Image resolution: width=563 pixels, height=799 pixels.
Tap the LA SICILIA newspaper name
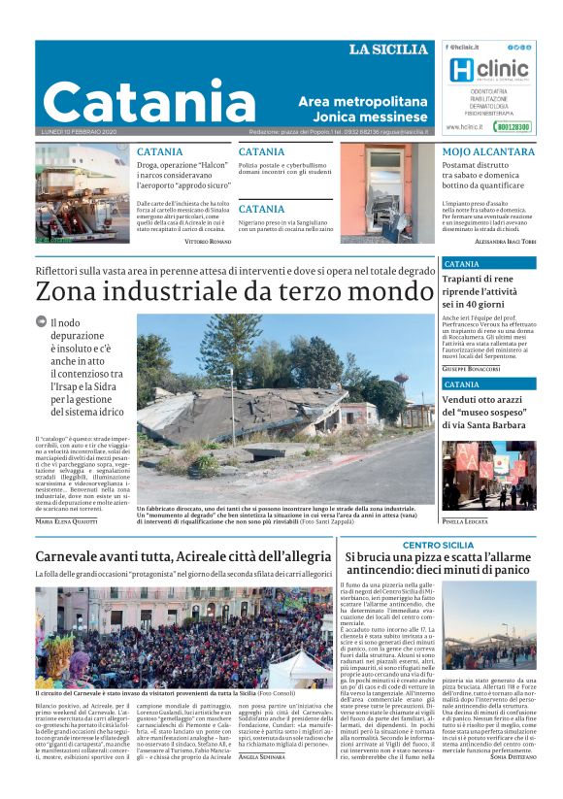tap(387, 50)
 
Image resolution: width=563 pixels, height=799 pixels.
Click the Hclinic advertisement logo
tap(489, 70)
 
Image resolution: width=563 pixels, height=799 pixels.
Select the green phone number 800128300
tap(512, 126)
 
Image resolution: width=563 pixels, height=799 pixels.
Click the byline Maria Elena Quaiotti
tap(67, 521)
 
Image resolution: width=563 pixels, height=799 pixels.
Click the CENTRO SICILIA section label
tap(438, 546)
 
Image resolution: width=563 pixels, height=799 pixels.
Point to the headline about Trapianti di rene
tap(485, 290)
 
